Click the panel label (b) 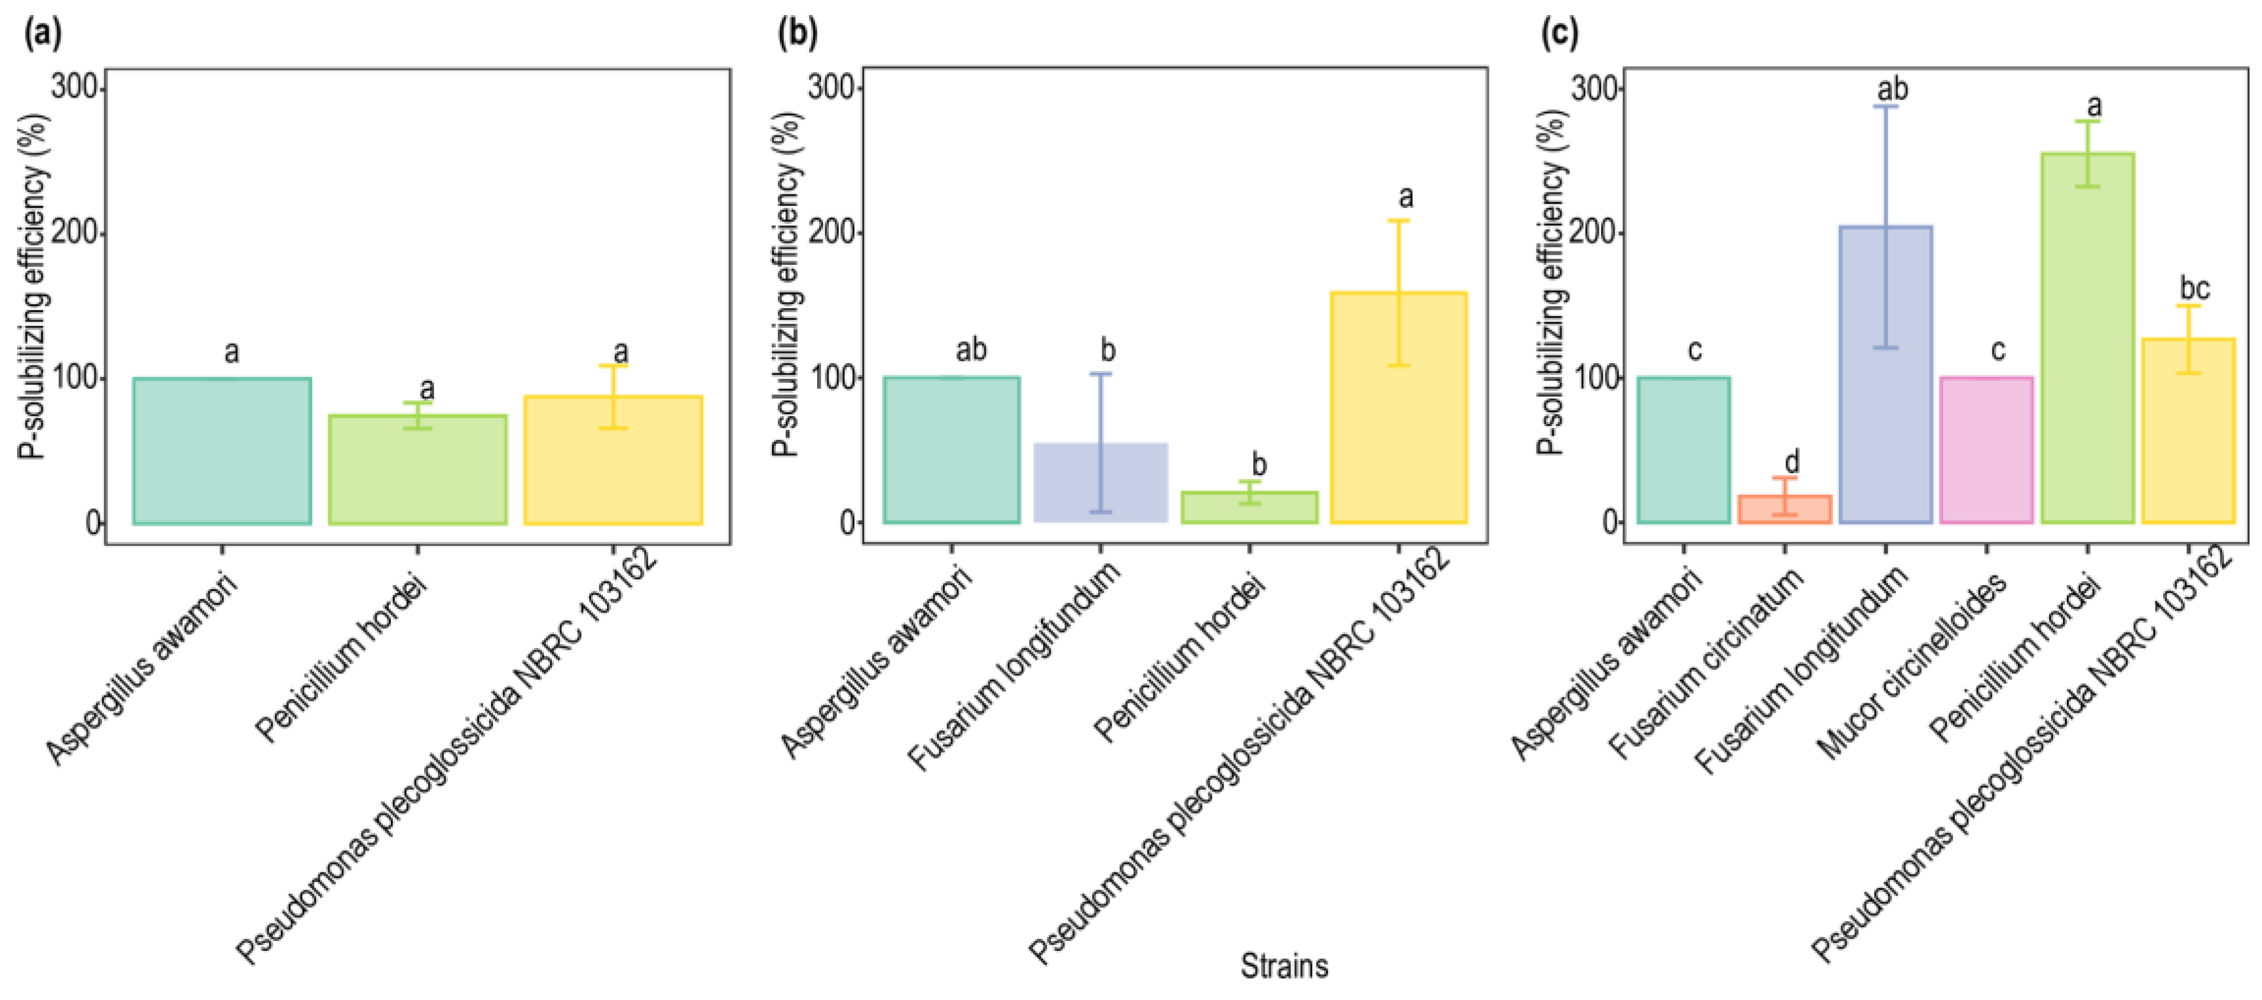pyautogui.click(x=798, y=35)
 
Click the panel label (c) pyautogui.click(x=1560, y=35)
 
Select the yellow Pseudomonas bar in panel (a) pyautogui.click(x=613, y=461)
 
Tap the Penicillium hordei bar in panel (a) pyautogui.click(x=418, y=470)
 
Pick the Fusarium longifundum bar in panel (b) pyautogui.click(x=1101, y=483)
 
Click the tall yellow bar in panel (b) pyautogui.click(x=1398, y=408)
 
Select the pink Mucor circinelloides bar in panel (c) pyautogui.click(x=1986, y=450)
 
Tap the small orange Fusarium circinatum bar pyautogui.click(x=1784, y=510)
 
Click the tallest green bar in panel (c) pyautogui.click(x=2087, y=338)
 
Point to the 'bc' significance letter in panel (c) pyautogui.click(x=2195, y=288)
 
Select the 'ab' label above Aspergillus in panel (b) pyautogui.click(x=970, y=350)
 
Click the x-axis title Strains pyautogui.click(x=1284, y=967)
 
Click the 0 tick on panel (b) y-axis pyautogui.click(x=847, y=522)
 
